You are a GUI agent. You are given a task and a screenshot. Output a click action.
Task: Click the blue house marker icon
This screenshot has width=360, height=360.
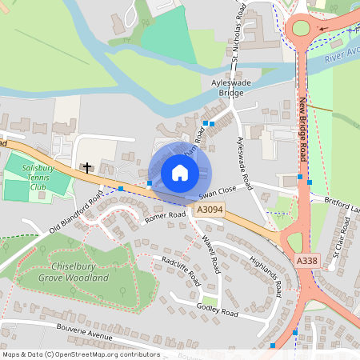click(x=179, y=173)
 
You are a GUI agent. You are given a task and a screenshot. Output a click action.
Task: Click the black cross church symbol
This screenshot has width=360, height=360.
click(x=86, y=168)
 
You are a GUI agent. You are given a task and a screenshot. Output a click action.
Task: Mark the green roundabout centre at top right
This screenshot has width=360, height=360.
click(x=301, y=30)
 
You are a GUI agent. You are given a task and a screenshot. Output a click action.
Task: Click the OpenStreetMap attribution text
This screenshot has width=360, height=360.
click(x=80, y=354)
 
